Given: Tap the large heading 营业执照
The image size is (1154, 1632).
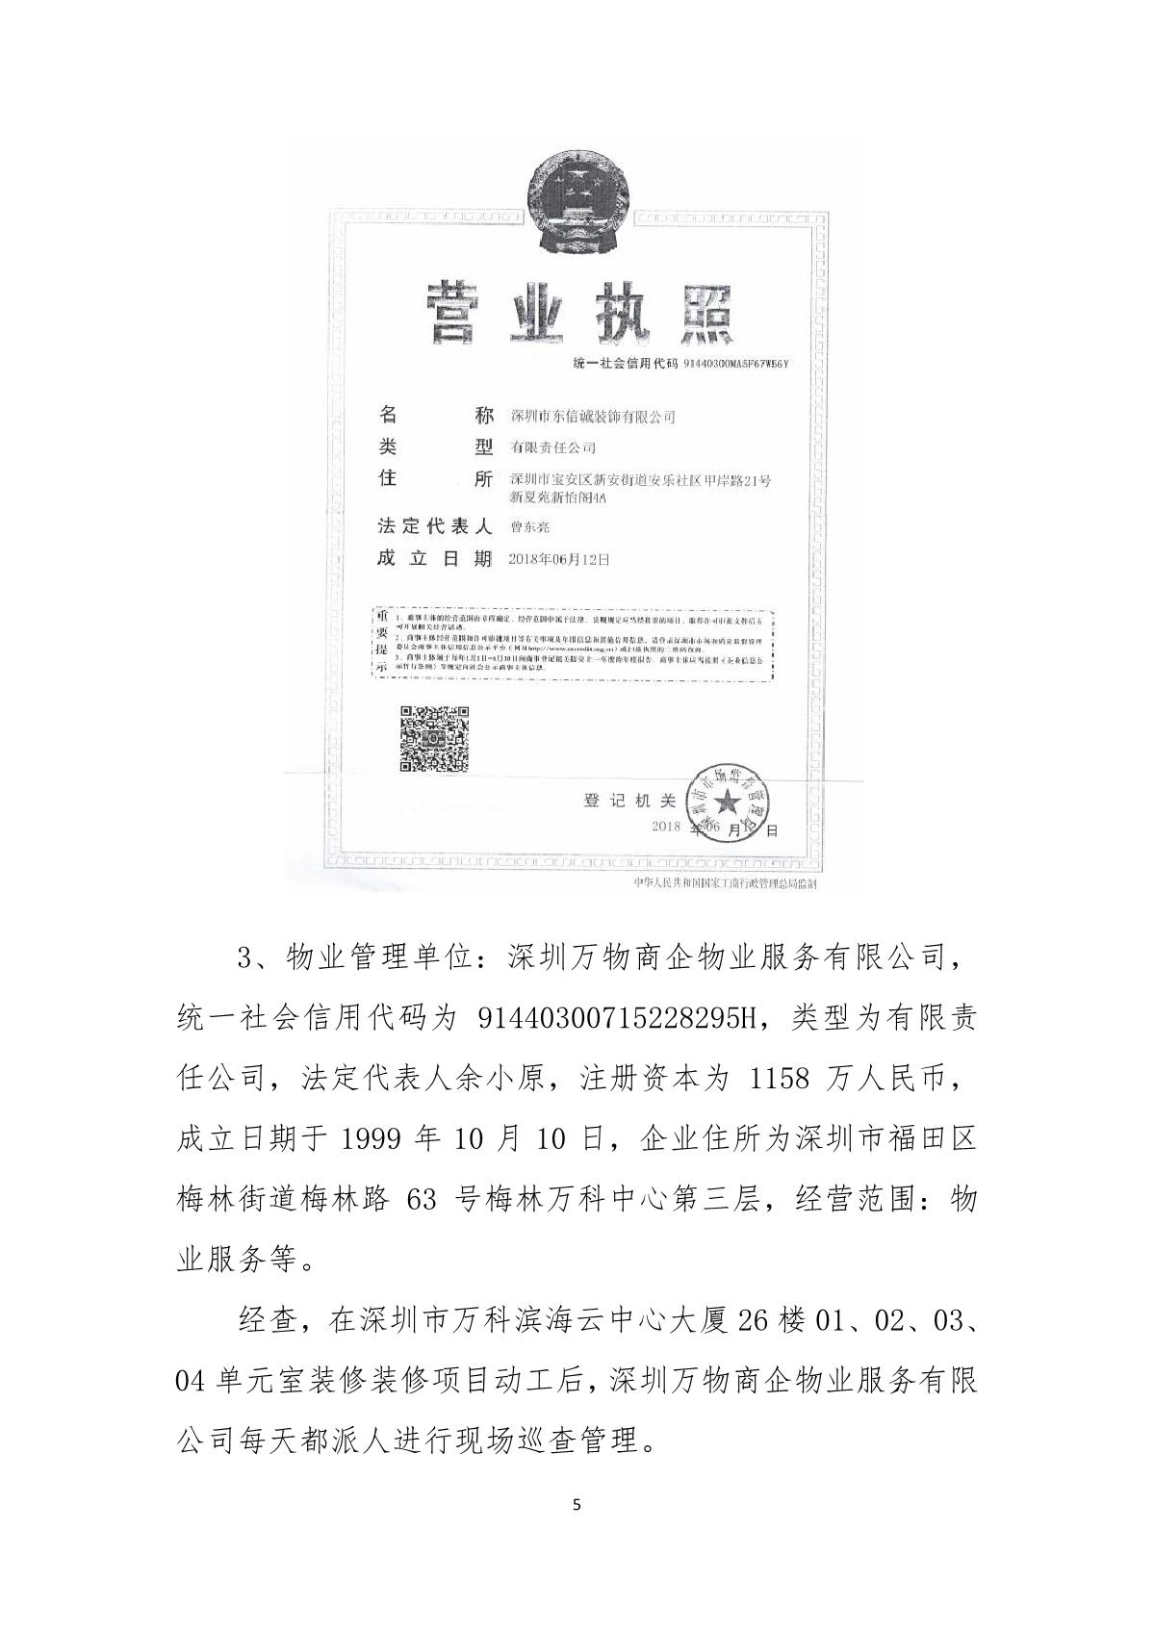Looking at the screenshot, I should tap(577, 314).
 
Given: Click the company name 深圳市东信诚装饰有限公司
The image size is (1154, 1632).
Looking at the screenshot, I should tap(592, 417).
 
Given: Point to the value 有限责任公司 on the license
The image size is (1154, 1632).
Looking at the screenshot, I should tap(552, 447).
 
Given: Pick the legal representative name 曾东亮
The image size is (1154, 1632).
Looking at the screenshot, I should tap(529, 527).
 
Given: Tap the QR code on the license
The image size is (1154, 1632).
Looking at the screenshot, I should tap(434, 738).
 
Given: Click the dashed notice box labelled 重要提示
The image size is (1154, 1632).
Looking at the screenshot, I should tap(573, 642).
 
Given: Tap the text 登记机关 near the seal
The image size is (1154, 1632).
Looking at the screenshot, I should tap(630, 801).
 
